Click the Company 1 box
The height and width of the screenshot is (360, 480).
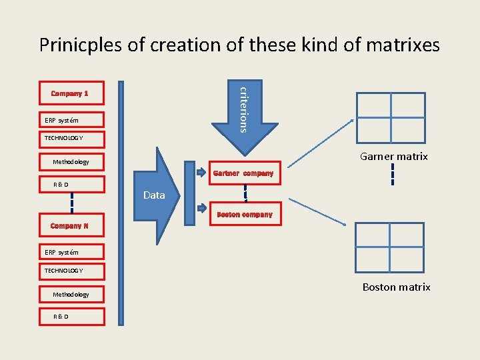(70, 93)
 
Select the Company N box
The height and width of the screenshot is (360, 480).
(70, 226)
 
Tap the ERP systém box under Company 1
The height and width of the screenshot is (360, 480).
(70, 120)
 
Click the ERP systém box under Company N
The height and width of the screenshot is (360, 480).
(70, 252)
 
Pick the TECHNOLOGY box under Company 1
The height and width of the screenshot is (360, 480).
(70, 138)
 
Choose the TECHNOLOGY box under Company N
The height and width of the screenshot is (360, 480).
(70, 270)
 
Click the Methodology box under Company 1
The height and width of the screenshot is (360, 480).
(70, 161)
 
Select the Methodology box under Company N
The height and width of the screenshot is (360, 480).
(70, 294)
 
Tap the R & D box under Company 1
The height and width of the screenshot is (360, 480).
(70, 184)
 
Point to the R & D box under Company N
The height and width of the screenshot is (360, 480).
(70, 316)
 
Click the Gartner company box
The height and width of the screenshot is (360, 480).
(243, 173)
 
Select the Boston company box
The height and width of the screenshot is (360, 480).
(245, 215)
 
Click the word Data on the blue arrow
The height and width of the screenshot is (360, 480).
(154, 195)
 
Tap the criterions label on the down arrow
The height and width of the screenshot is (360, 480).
(245, 108)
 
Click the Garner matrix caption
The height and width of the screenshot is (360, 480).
(393, 157)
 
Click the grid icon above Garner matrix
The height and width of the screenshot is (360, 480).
(391, 115)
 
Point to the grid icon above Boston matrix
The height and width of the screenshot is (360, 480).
(389, 246)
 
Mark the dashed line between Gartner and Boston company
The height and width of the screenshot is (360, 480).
(245, 193)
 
